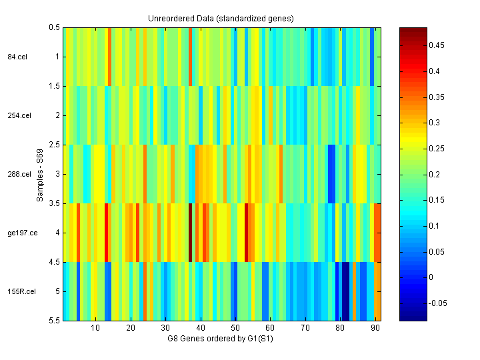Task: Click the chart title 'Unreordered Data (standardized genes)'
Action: pyautogui.click(x=221, y=18)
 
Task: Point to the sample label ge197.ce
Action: pyautogui.click(x=20, y=233)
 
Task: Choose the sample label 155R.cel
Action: pyautogui.click(x=21, y=291)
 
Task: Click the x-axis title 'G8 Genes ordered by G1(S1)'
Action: pyautogui.click(x=221, y=339)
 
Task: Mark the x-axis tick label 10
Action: pyautogui.click(x=95, y=329)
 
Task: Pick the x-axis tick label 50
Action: pyautogui.click(x=235, y=329)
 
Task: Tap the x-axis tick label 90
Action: pyautogui.click(x=375, y=329)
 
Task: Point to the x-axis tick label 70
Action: pyautogui.click(x=305, y=329)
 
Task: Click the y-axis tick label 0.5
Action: pyautogui.click(x=55, y=27)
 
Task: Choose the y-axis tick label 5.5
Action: pyautogui.click(x=55, y=321)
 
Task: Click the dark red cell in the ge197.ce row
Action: pyautogui.click(x=191, y=233)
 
